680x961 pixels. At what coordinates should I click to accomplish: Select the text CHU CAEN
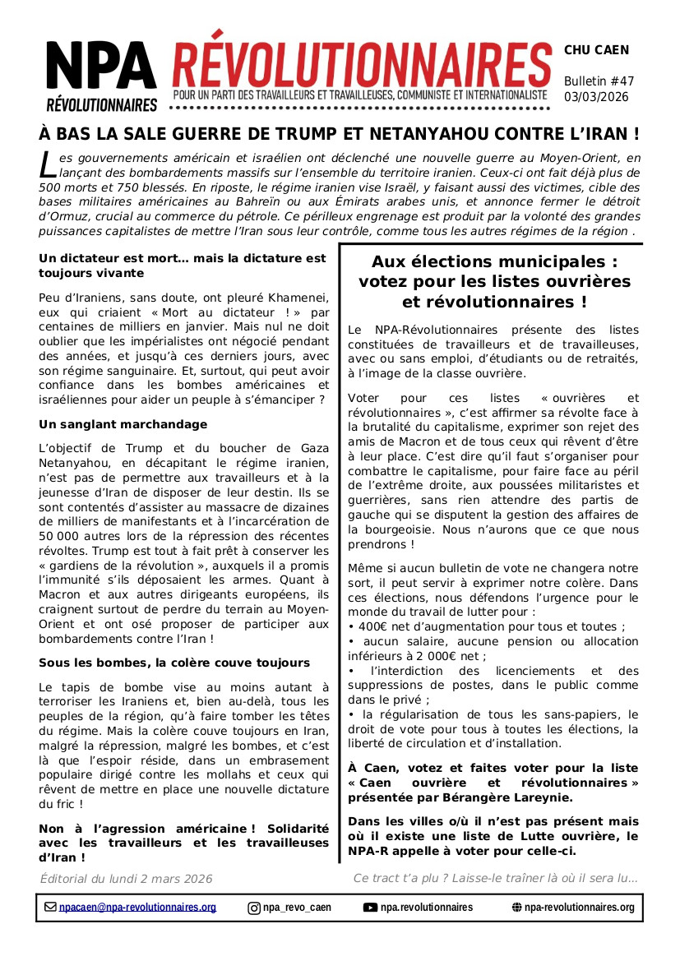596,50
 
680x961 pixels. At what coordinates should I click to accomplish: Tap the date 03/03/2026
596,97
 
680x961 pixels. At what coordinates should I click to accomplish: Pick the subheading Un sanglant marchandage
123,424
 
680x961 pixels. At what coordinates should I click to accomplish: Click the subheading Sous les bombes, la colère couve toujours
174,663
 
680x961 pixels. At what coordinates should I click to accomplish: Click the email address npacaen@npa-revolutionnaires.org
137,908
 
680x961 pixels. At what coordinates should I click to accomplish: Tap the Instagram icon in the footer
254,908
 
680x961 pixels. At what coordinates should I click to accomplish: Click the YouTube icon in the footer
370,908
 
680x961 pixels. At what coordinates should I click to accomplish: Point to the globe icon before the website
516,908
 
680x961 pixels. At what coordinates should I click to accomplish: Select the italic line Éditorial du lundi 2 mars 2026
126,879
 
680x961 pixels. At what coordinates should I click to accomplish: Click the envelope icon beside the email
51,908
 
